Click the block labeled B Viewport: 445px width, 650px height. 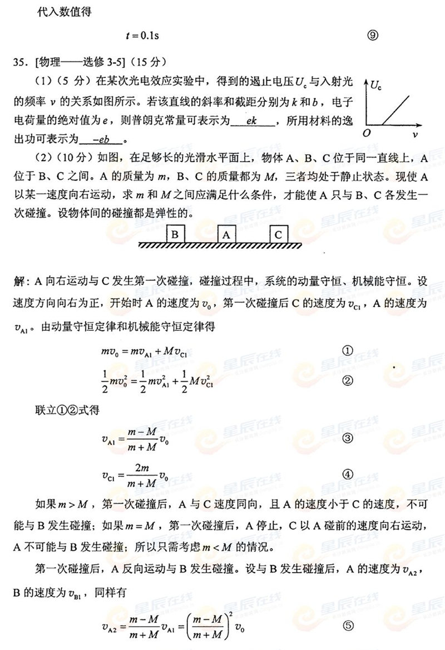click(x=175, y=234)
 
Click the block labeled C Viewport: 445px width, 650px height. click(x=278, y=234)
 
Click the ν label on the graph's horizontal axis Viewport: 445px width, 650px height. click(x=416, y=134)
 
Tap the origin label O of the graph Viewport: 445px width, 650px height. click(x=366, y=133)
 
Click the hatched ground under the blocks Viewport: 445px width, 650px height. click(x=220, y=246)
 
